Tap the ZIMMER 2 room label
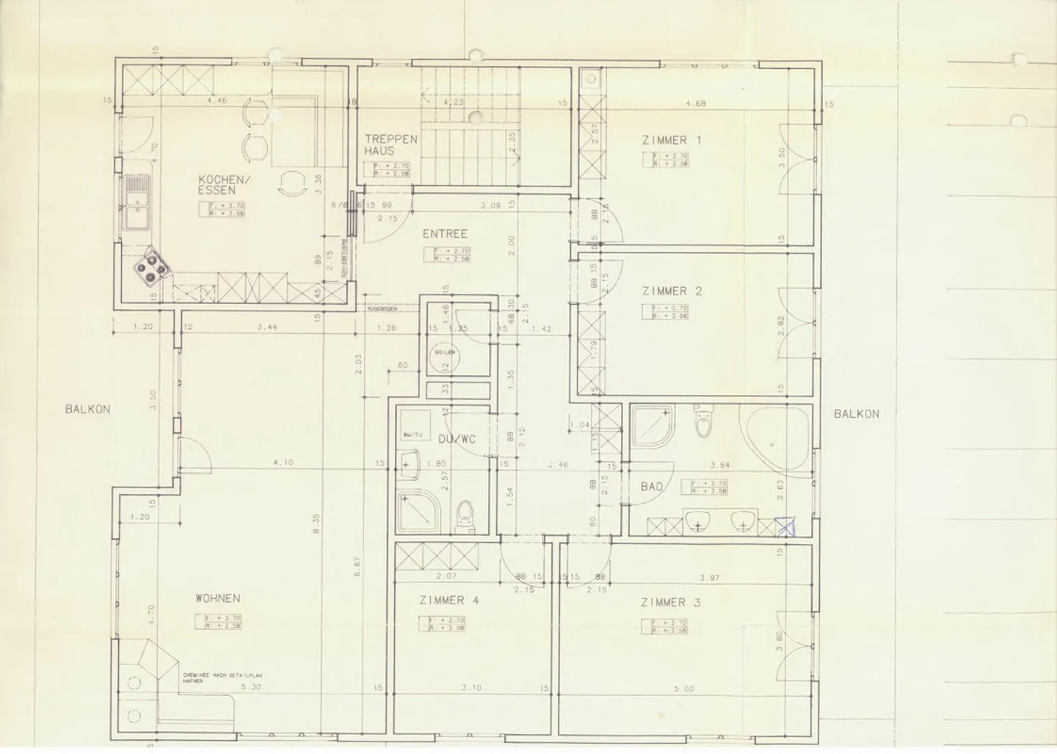point(671,291)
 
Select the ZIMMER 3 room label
point(670,603)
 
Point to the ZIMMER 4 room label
point(448,600)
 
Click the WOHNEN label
point(218,598)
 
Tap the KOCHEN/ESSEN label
point(225,184)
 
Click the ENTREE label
point(445,234)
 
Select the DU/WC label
point(457,439)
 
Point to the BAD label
point(652,486)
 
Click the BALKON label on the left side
point(87,409)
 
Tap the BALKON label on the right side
point(856,413)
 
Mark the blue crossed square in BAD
point(786,526)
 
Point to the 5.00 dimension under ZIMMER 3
point(683,689)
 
